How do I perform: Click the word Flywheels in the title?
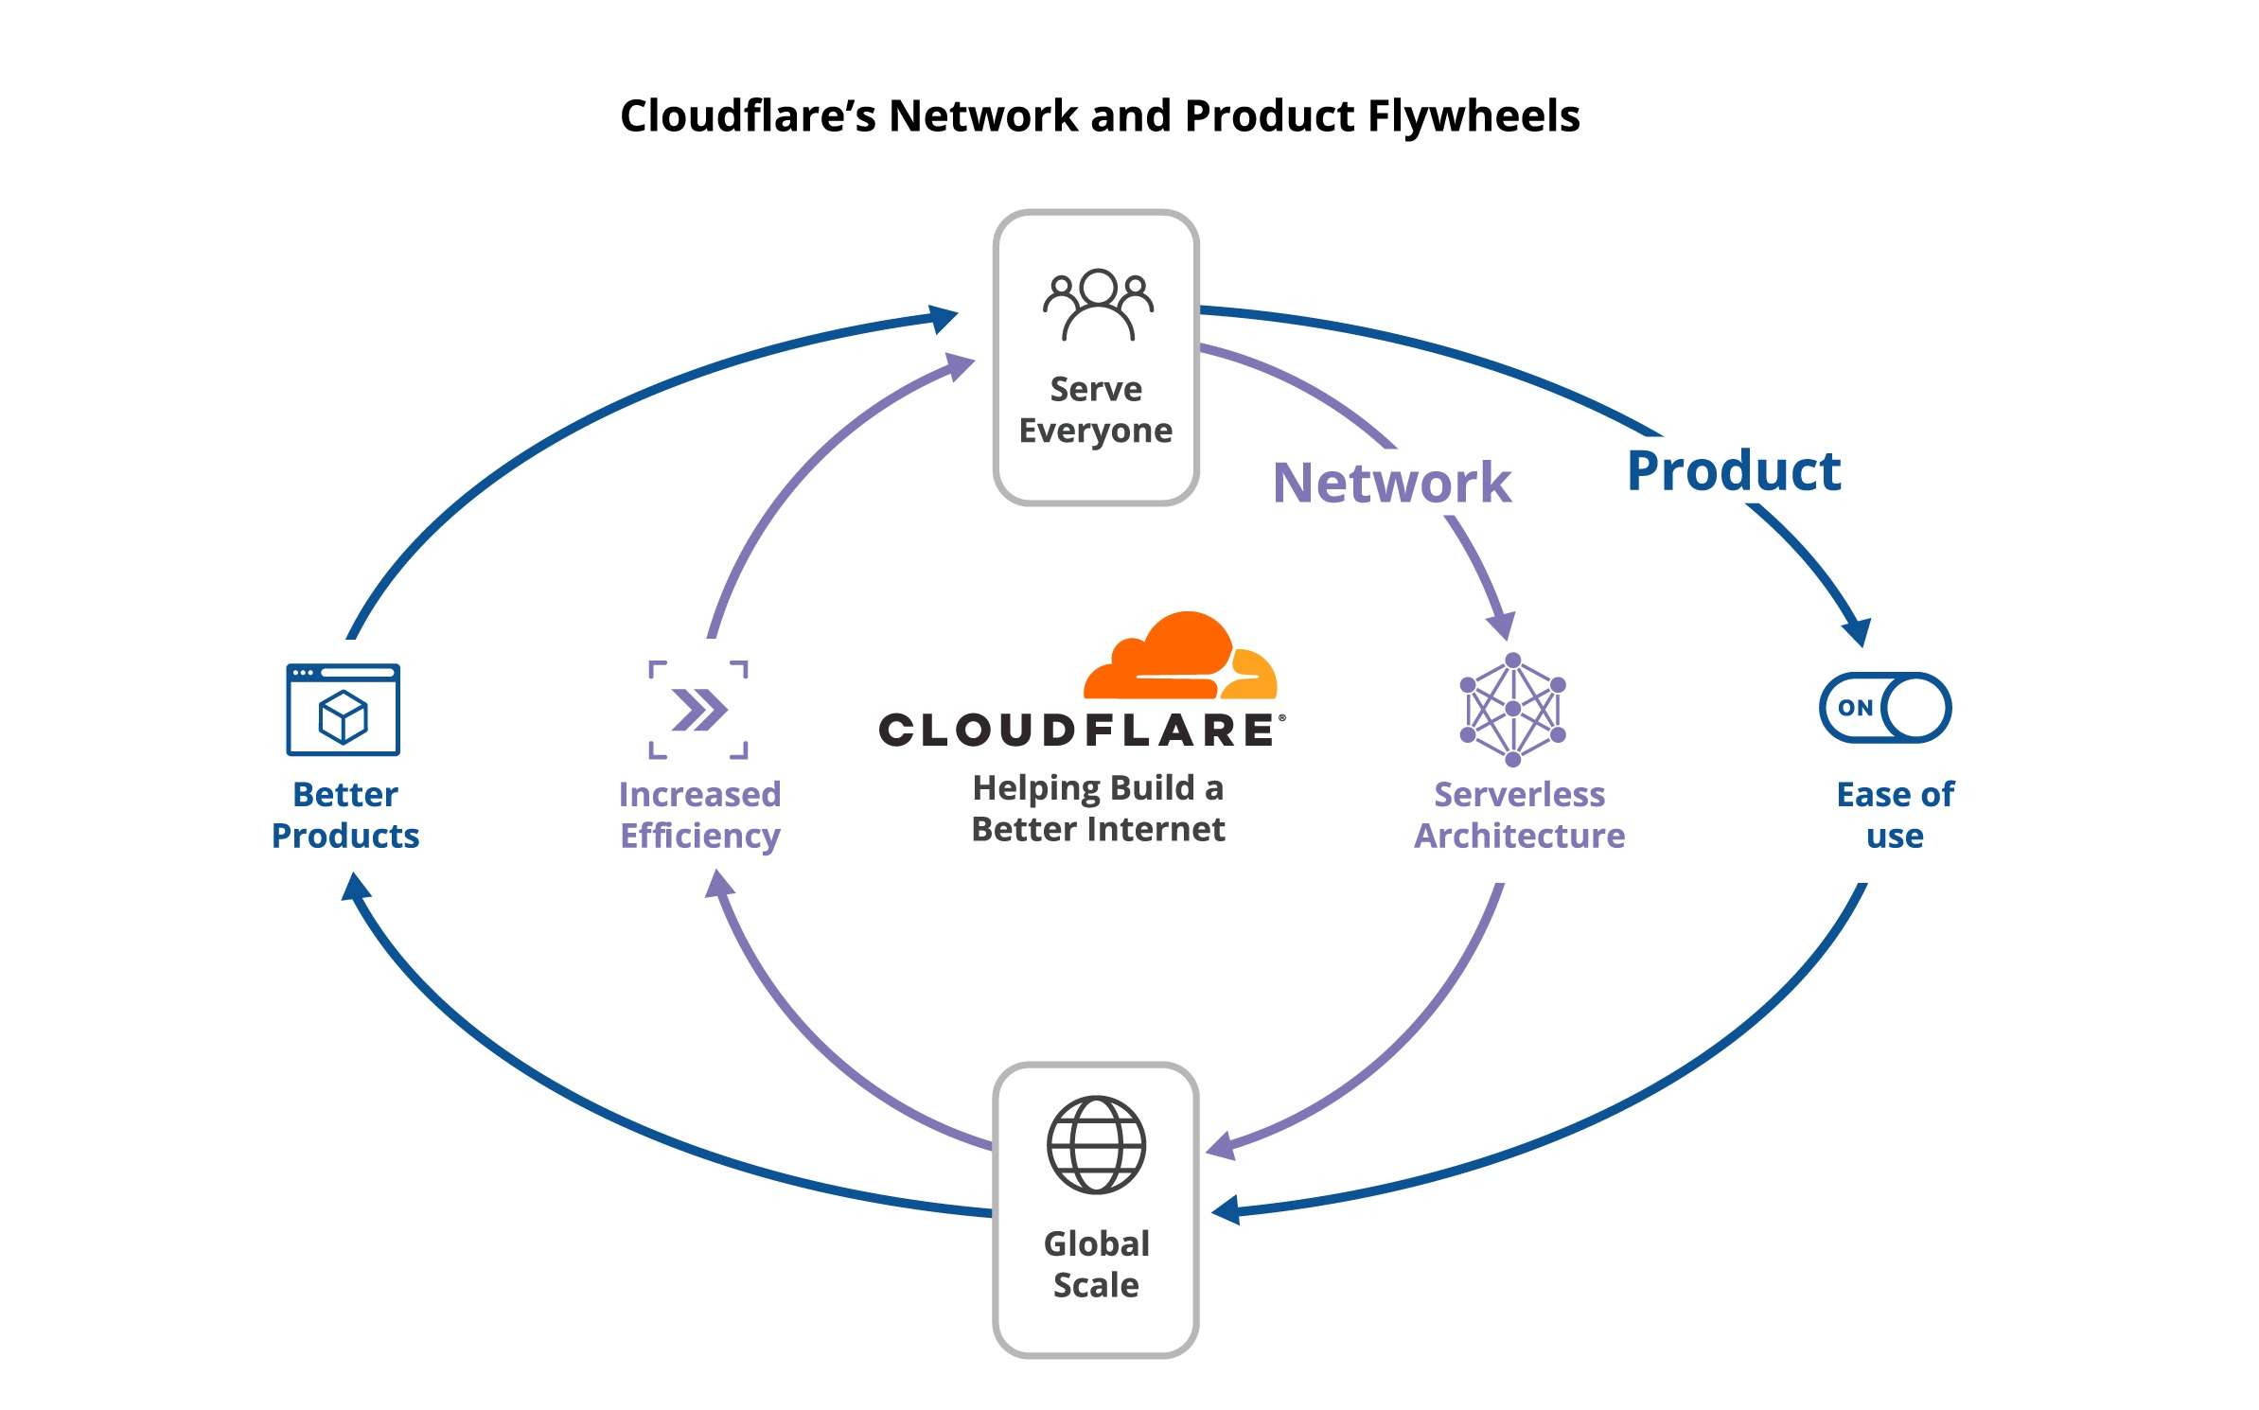coord(1474,116)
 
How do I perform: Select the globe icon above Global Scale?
coord(1096,1144)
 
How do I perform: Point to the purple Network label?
coord(1391,483)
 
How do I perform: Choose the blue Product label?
coord(1734,470)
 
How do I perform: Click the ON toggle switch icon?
coord(1884,708)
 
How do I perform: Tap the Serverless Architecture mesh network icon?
coord(1512,709)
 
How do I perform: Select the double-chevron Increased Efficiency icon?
coord(698,710)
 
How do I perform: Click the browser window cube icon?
coord(344,710)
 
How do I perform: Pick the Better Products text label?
coord(345,815)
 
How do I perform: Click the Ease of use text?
coord(1895,815)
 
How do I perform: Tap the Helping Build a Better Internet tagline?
coord(1098,808)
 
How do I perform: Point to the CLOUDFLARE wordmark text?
coord(1079,731)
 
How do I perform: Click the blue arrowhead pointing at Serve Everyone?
coord(943,319)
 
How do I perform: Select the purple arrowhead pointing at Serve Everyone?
coord(960,366)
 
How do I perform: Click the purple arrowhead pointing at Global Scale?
coord(1222,1146)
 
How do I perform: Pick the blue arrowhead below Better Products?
coord(356,887)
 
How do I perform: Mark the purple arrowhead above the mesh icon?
coord(1501,626)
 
